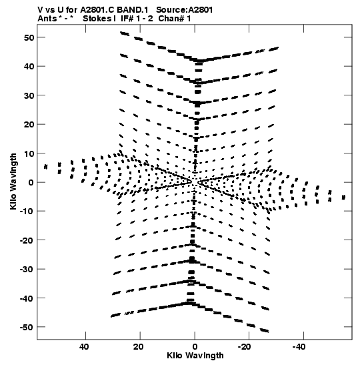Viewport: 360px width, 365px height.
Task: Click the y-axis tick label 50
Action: (x=29, y=37)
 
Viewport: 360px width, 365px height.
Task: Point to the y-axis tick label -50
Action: (x=27, y=327)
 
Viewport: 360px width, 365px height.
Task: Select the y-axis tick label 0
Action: (x=31, y=183)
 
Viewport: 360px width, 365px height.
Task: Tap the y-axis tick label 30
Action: (x=29, y=95)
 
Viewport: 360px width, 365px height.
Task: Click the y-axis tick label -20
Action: (x=27, y=240)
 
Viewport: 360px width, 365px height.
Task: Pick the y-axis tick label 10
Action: (x=29, y=153)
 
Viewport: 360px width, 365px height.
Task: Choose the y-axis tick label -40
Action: (x=27, y=298)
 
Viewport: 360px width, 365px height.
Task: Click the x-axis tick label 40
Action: (x=84, y=347)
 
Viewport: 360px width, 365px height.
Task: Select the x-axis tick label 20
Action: (x=139, y=347)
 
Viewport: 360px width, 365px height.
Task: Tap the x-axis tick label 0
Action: (x=195, y=347)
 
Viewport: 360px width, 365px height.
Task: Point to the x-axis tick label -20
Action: (x=245, y=347)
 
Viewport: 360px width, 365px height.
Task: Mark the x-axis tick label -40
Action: (x=299, y=347)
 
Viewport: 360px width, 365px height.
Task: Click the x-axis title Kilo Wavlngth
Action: (x=195, y=356)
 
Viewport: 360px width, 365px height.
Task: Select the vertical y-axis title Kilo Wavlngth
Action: (x=13, y=181)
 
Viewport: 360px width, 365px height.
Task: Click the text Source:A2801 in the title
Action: (x=184, y=10)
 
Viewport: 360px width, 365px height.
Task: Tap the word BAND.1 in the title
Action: (x=132, y=10)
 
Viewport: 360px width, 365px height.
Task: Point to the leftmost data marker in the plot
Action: (x=46, y=167)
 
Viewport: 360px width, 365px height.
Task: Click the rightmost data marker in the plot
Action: (x=343, y=198)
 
